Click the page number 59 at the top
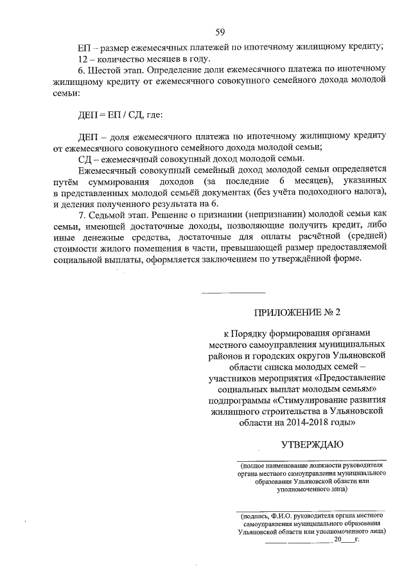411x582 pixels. click(x=220, y=32)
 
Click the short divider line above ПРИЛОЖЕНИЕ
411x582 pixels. click(x=233, y=293)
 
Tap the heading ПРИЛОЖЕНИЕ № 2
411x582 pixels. click(x=297, y=313)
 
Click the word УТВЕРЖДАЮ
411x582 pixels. click(x=313, y=444)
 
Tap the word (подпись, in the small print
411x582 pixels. click(x=255, y=515)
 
